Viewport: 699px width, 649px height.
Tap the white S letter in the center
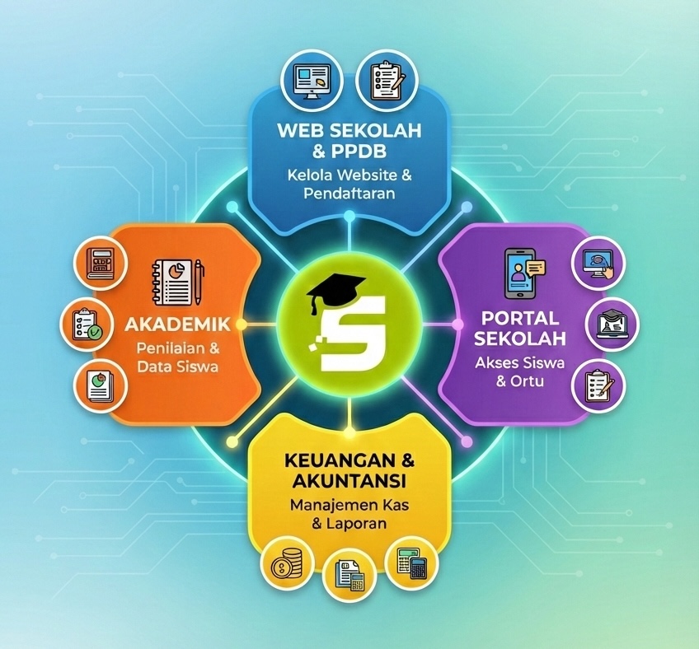353,333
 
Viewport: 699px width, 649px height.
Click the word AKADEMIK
177,324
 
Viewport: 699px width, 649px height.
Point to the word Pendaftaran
349,194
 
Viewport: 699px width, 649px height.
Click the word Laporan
356,523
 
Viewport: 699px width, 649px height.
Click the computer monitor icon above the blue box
312,83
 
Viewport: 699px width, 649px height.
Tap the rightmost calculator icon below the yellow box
411,563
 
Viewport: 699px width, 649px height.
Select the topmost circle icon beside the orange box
101,264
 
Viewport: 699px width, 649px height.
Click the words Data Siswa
177,367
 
